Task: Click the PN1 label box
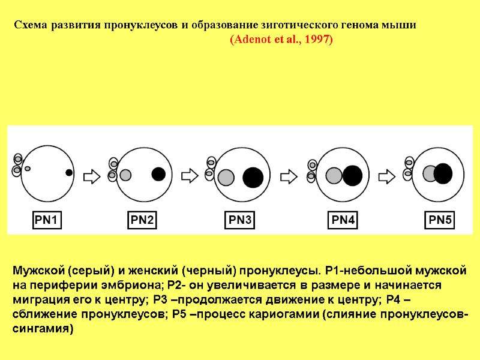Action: (x=46, y=221)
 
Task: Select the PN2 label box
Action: (x=143, y=221)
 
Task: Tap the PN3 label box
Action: (x=241, y=221)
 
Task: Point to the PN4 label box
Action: (x=344, y=221)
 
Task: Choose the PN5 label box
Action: (x=440, y=221)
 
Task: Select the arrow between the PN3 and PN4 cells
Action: (x=290, y=176)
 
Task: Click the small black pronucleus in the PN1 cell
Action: (x=69, y=173)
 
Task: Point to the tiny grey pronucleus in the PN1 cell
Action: (x=28, y=169)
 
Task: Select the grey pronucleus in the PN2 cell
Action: (x=125, y=175)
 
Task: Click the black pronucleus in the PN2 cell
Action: (x=158, y=174)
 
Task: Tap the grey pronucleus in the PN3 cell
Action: (x=226, y=178)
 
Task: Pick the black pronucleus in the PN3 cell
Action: (x=253, y=177)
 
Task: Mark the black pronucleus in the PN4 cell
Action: (x=353, y=175)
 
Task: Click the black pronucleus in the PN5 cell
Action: (x=443, y=173)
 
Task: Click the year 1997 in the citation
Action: (x=318, y=40)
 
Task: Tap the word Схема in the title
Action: (x=32, y=26)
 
